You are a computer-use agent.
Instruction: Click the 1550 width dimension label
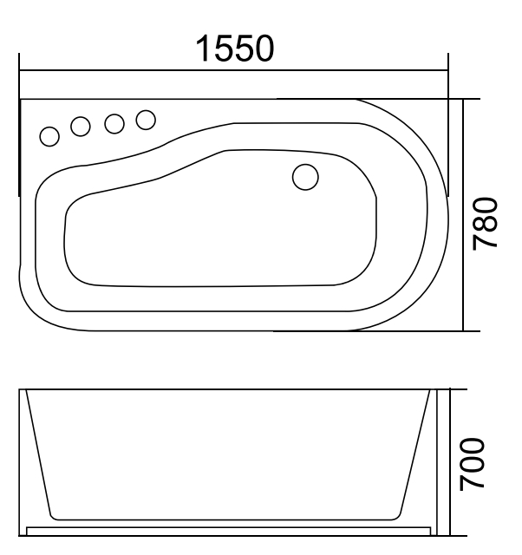(x=235, y=49)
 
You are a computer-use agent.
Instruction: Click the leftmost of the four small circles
(x=50, y=135)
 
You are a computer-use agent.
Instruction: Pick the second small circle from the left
(x=81, y=127)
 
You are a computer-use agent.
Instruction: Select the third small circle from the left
(x=114, y=123)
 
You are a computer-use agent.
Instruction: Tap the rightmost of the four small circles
(x=146, y=119)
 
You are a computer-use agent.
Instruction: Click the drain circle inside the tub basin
(x=305, y=177)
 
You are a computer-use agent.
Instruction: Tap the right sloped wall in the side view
(x=416, y=455)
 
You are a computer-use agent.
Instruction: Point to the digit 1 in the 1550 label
(x=202, y=49)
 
